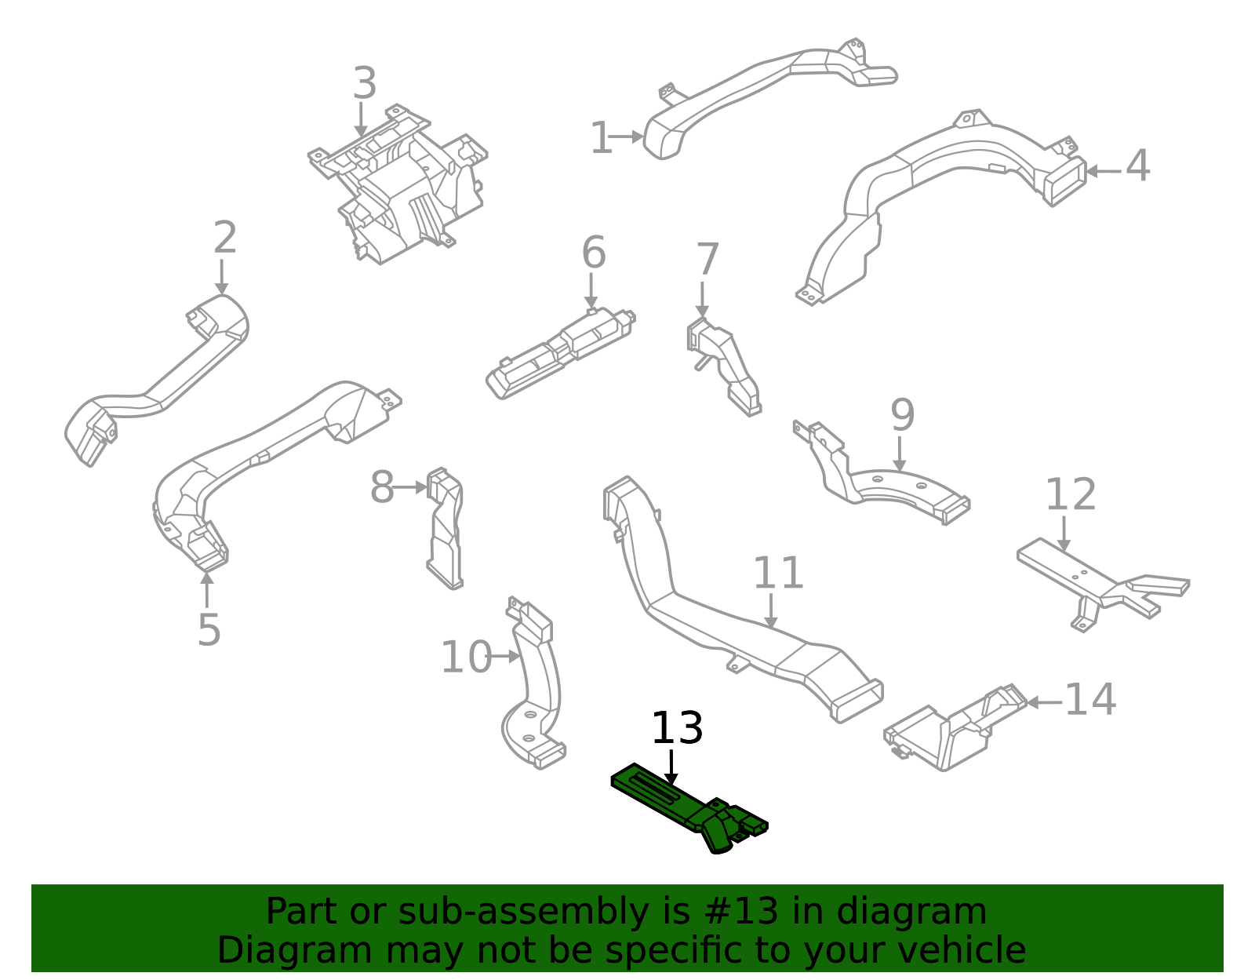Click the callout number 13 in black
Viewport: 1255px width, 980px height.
tap(677, 728)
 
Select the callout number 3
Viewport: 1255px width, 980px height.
tap(364, 84)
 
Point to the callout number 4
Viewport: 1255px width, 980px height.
tap(1137, 166)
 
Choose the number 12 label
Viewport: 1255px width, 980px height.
tap(1070, 495)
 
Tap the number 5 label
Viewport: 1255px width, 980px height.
tap(209, 629)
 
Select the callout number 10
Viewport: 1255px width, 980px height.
tap(465, 658)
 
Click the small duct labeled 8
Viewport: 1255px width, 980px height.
tap(446, 530)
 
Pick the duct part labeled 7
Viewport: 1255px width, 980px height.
tap(726, 365)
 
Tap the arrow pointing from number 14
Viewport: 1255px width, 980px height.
tap(1044, 702)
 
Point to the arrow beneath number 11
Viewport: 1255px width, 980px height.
tap(771, 611)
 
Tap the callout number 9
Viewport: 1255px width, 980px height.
tap(902, 415)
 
